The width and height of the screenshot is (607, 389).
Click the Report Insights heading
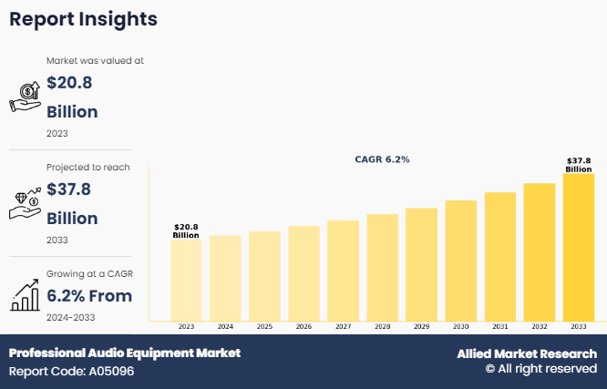(x=83, y=19)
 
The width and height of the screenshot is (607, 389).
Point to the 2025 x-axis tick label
(x=264, y=326)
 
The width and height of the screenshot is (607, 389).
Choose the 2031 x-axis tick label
(x=499, y=326)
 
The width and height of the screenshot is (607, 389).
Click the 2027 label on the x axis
(x=343, y=326)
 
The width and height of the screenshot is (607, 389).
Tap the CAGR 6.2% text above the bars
(x=382, y=159)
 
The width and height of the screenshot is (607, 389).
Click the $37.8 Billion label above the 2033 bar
(x=578, y=164)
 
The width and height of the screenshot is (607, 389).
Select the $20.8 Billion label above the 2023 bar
(x=186, y=230)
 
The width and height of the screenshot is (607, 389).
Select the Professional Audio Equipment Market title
(x=125, y=353)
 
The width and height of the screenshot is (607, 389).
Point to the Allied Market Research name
(x=527, y=353)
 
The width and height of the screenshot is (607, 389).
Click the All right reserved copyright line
(x=540, y=369)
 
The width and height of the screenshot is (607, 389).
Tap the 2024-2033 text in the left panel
(x=71, y=317)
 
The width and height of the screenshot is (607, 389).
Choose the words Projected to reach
(x=88, y=168)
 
